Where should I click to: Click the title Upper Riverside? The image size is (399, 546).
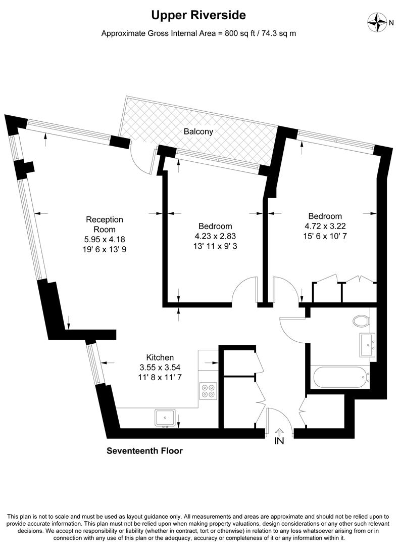tap(199, 16)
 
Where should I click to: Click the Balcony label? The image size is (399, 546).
tap(198, 131)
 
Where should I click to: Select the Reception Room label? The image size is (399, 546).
tap(105, 224)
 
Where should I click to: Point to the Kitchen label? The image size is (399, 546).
tap(160, 357)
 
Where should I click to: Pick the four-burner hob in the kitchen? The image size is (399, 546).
tap(208, 391)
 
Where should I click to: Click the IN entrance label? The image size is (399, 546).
tap(279, 441)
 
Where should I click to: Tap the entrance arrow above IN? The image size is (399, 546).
tap(279, 431)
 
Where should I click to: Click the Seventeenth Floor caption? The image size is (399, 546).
tap(144, 450)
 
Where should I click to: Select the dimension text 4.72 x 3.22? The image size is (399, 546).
tap(325, 226)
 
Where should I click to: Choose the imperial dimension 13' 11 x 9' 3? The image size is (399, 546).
tap(215, 245)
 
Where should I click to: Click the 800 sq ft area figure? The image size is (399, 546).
tap(242, 34)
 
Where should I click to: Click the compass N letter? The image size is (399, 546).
tap(391, 22)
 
